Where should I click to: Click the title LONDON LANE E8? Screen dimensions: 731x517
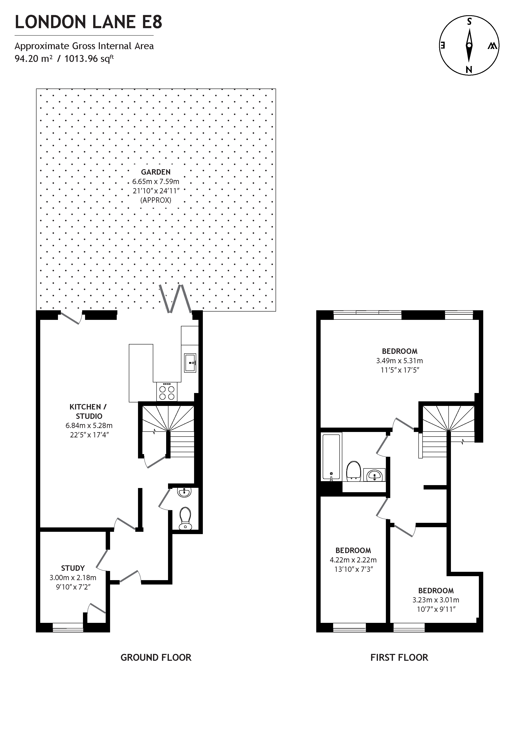pyautogui.click(x=88, y=22)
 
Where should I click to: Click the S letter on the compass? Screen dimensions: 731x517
pyautogui.click(x=469, y=22)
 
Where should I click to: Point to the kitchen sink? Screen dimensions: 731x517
pyautogui.click(x=190, y=363)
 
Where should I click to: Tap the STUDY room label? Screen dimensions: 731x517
pyautogui.click(x=73, y=568)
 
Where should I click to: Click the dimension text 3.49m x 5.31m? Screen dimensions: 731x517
pyautogui.click(x=399, y=361)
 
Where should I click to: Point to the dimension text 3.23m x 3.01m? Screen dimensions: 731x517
pyautogui.click(x=436, y=600)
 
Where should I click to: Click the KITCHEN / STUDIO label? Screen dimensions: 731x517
pyautogui.click(x=88, y=411)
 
